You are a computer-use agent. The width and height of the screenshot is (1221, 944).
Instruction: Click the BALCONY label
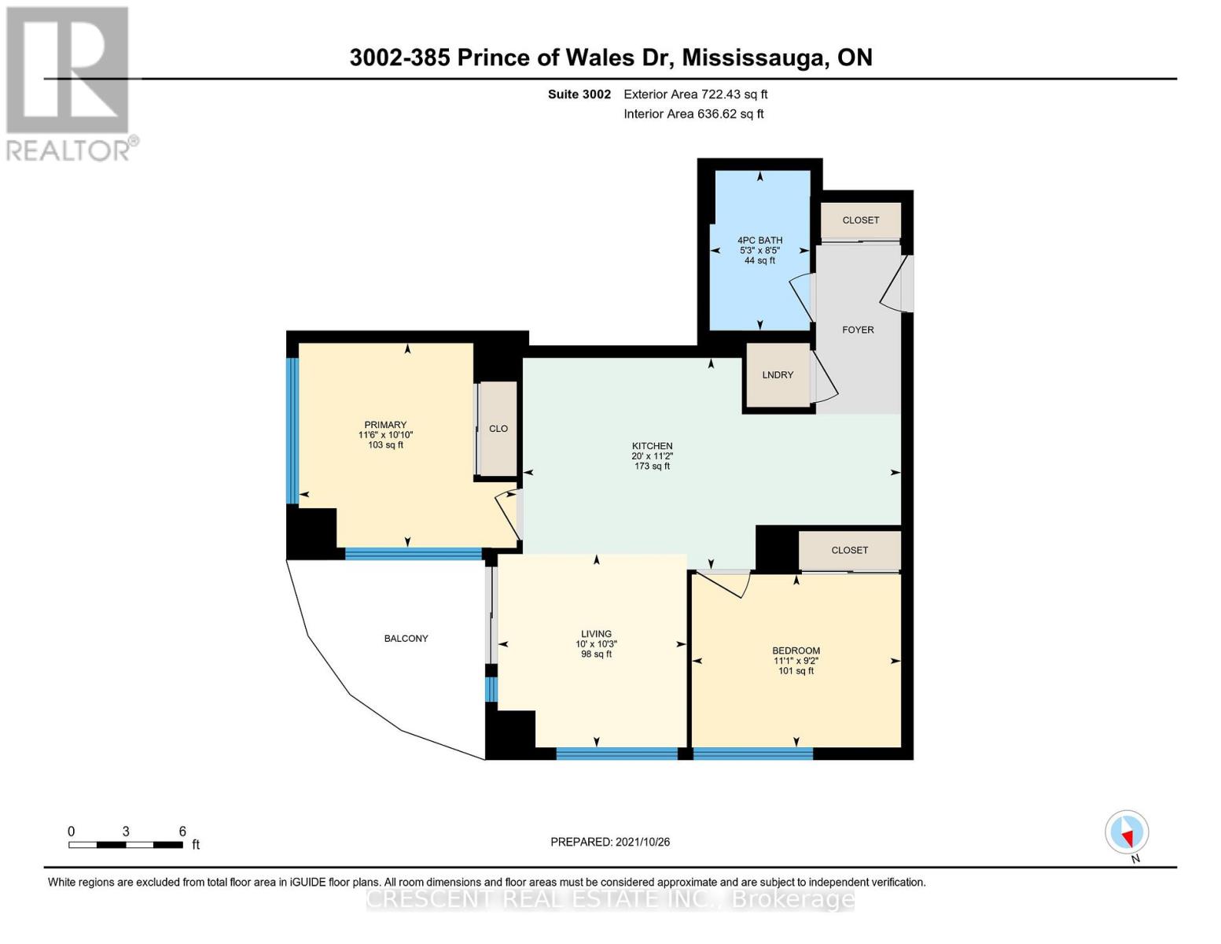click(x=406, y=638)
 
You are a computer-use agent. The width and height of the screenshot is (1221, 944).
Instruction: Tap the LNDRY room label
click(x=778, y=375)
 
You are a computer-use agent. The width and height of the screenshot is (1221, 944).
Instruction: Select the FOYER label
click(x=858, y=330)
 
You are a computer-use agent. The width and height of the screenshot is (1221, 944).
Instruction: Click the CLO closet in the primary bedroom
click(x=498, y=429)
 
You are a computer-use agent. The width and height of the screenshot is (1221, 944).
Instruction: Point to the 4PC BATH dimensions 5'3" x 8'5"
click(x=759, y=250)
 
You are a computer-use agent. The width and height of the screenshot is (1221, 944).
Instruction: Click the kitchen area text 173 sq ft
click(x=652, y=466)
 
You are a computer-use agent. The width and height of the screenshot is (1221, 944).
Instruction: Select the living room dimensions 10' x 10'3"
click(x=596, y=644)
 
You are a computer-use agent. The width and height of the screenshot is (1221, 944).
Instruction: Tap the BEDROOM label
click(x=796, y=651)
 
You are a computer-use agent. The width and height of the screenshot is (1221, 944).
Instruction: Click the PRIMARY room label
click(x=385, y=425)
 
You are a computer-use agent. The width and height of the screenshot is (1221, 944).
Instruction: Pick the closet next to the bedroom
click(x=849, y=550)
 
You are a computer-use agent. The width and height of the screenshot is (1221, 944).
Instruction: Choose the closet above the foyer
click(x=860, y=220)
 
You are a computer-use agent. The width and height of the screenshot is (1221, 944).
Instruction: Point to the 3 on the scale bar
click(x=126, y=832)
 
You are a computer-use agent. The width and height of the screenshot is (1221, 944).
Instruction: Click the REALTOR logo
click(x=69, y=83)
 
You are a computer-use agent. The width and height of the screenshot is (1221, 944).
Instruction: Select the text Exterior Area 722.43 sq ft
click(x=695, y=94)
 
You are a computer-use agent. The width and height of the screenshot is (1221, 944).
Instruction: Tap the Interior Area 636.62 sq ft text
click(x=693, y=114)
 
